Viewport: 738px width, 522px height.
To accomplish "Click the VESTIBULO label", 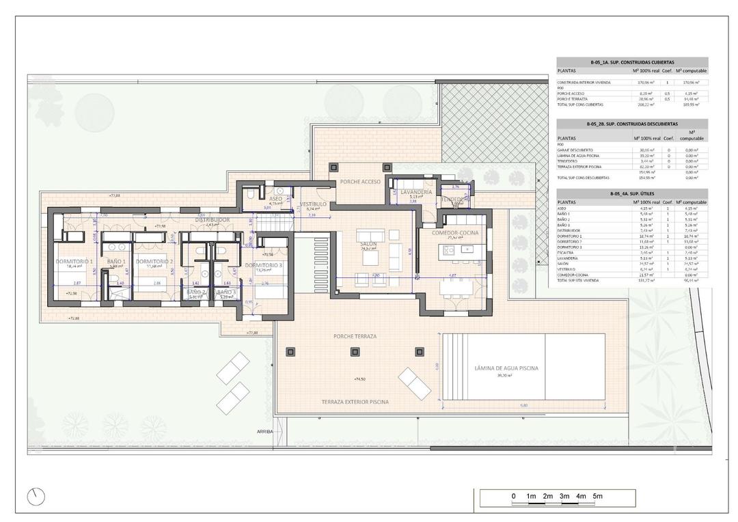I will click(x=313, y=204).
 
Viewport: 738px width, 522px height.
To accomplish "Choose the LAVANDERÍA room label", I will click(x=413, y=193).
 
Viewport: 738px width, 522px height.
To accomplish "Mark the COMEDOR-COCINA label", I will click(x=454, y=233).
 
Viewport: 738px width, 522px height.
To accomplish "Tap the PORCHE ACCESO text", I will click(x=359, y=181).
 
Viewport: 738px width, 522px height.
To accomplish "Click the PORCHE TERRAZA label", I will click(x=355, y=336).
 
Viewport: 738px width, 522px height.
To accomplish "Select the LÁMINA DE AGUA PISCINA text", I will click(x=506, y=368).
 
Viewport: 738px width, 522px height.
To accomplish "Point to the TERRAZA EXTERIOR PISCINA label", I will click(x=355, y=402).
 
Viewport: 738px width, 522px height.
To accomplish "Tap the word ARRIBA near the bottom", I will click(x=265, y=432).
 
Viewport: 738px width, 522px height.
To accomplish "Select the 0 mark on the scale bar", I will click(x=513, y=496).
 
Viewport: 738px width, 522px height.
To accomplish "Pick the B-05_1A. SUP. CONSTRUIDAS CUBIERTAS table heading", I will click(x=632, y=61).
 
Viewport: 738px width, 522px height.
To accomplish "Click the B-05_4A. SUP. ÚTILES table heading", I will click(x=632, y=194).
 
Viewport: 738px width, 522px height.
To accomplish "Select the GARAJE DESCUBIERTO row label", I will click(x=575, y=150).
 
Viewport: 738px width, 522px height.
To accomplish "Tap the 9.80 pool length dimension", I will click(x=524, y=406).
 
